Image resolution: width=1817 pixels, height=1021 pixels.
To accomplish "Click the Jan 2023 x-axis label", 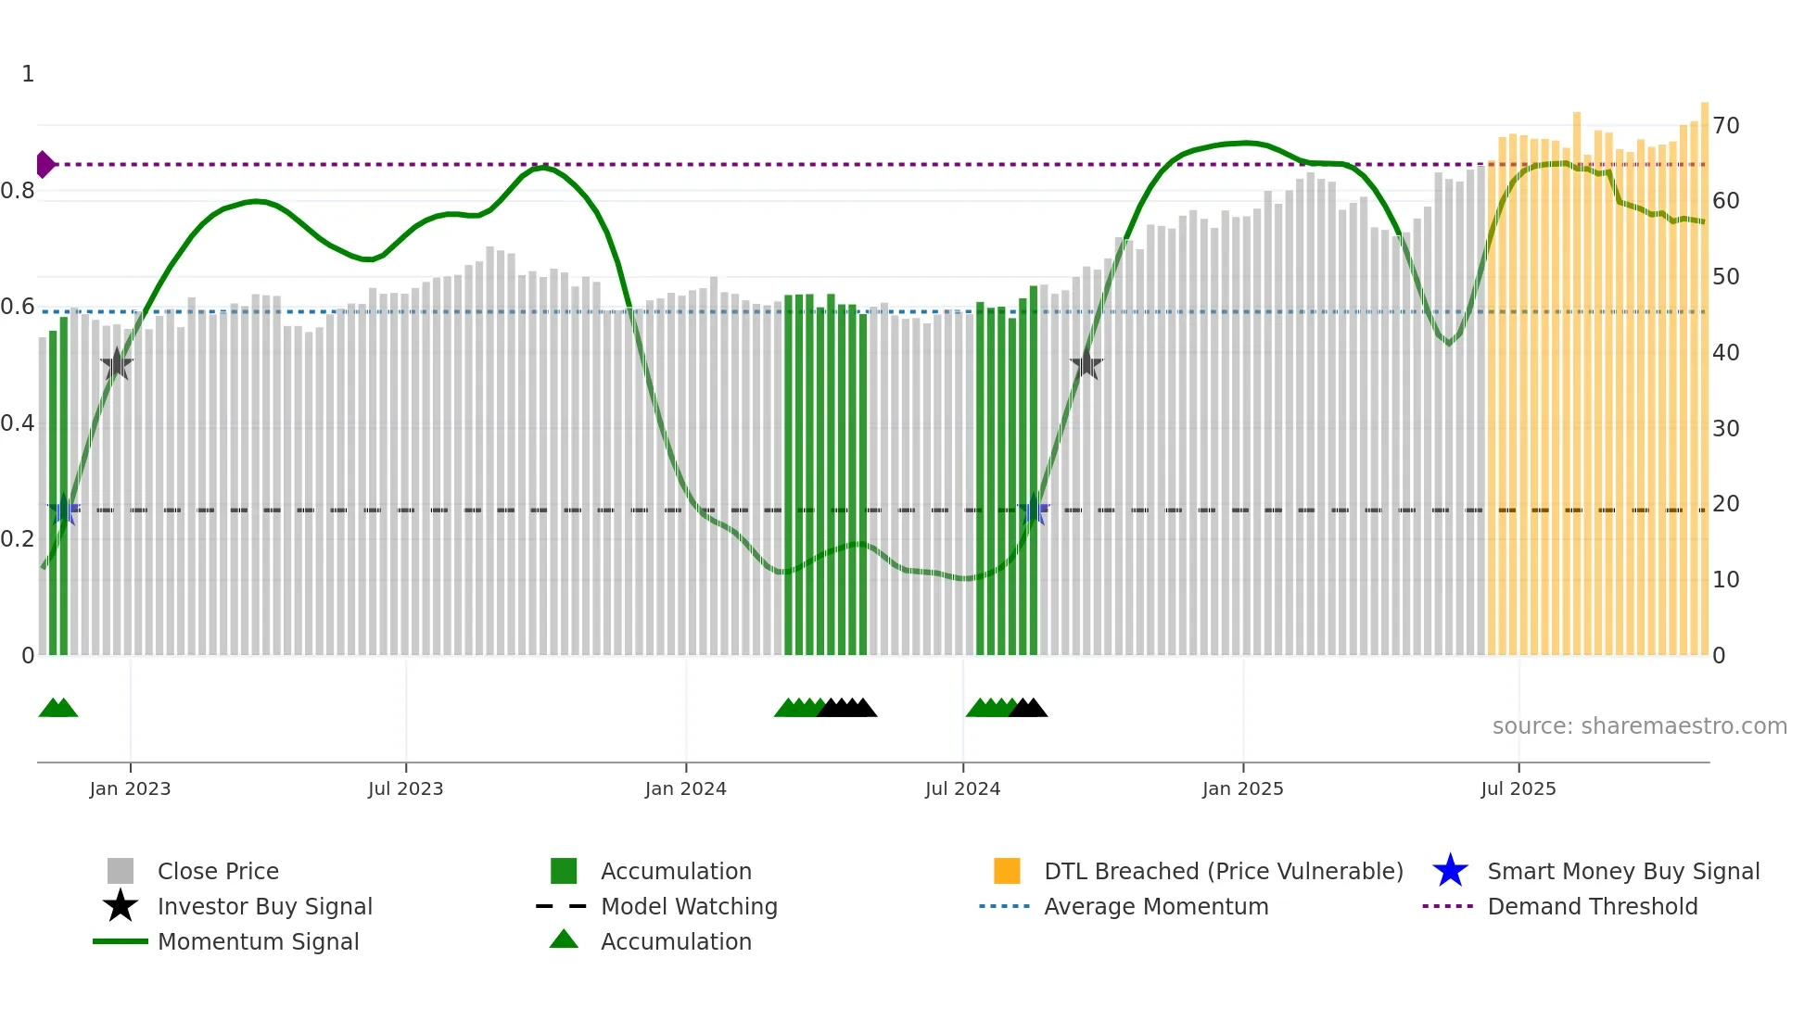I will click(x=130, y=788).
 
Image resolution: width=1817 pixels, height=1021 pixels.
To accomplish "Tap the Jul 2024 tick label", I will click(x=962, y=788).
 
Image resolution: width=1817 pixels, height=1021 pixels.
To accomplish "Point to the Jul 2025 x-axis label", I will click(x=1518, y=788).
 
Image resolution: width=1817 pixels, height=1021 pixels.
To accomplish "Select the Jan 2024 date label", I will click(x=685, y=788).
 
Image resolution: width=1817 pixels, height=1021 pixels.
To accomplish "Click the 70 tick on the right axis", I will click(x=1725, y=126).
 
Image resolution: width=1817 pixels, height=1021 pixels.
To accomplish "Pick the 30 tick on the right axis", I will click(x=1725, y=429).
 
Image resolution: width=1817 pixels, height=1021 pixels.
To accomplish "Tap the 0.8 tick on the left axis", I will click(x=18, y=191).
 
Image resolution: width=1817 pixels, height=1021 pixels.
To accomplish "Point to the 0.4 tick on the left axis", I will click(x=18, y=423).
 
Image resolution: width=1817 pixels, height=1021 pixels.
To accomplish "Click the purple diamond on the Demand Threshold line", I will click(x=44, y=164).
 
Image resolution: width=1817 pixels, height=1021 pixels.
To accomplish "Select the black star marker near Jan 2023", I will click(x=117, y=364).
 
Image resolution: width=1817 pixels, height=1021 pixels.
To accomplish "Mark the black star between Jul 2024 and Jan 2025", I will click(x=1086, y=364).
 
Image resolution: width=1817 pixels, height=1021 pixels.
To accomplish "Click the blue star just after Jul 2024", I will click(x=1033, y=510).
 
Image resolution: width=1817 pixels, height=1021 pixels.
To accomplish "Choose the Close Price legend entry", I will click(x=218, y=871).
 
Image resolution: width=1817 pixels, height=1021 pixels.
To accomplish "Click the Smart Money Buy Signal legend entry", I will click(x=1622, y=871).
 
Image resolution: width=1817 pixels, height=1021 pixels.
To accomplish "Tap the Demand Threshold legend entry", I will click(x=1592, y=906).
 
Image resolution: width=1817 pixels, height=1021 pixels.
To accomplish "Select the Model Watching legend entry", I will click(x=689, y=906).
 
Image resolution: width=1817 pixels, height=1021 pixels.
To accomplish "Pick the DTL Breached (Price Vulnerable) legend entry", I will click(x=1223, y=871).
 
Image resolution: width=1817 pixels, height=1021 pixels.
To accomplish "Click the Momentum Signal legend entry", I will click(x=258, y=941).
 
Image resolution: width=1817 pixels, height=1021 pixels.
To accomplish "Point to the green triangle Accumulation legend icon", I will click(x=564, y=939).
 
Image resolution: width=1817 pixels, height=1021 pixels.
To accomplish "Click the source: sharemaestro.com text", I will click(x=1639, y=726).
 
